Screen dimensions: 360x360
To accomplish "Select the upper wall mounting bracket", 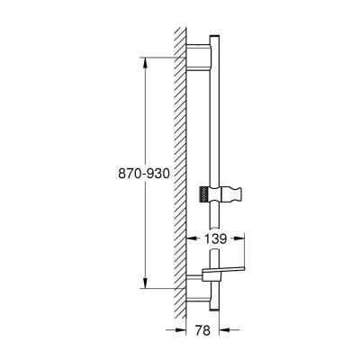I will (x=198, y=56).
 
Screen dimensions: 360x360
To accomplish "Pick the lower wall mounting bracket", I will (x=197, y=290).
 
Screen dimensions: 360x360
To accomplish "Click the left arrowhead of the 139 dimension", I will (x=189, y=240).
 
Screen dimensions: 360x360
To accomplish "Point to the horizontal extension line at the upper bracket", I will (x=166, y=56).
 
